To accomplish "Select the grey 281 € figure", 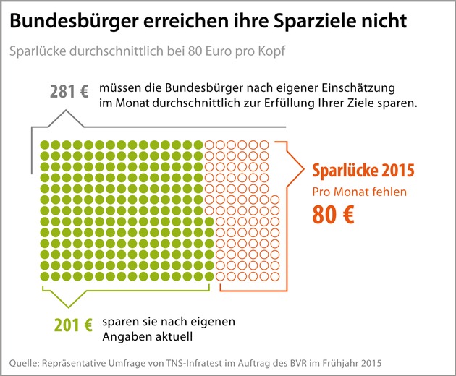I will click(x=69, y=92).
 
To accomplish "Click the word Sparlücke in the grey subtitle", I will click(x=37, y=53).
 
